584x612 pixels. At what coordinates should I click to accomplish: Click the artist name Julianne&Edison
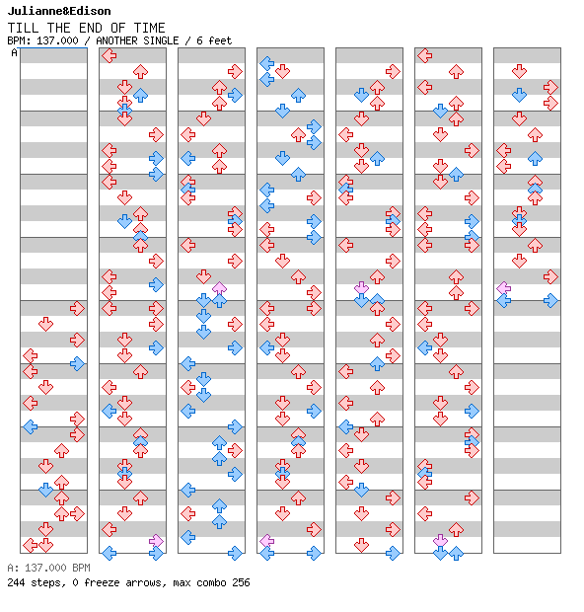coord(59,11)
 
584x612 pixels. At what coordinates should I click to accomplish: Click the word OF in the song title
coord(118,28)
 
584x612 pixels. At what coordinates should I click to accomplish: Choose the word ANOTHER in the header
coord(116,40)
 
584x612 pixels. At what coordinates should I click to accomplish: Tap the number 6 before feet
coord(199,40)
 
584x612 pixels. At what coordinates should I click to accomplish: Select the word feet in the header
coord(220,40)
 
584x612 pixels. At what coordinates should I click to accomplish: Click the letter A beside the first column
coord(14,52)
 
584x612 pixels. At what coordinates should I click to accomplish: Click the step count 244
coord(16,582)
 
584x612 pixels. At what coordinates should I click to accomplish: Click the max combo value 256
coord(241,582)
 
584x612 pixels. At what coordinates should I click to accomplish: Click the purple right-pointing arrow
coord(156,541)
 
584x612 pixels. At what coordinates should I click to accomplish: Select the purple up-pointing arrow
coord(219,288)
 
